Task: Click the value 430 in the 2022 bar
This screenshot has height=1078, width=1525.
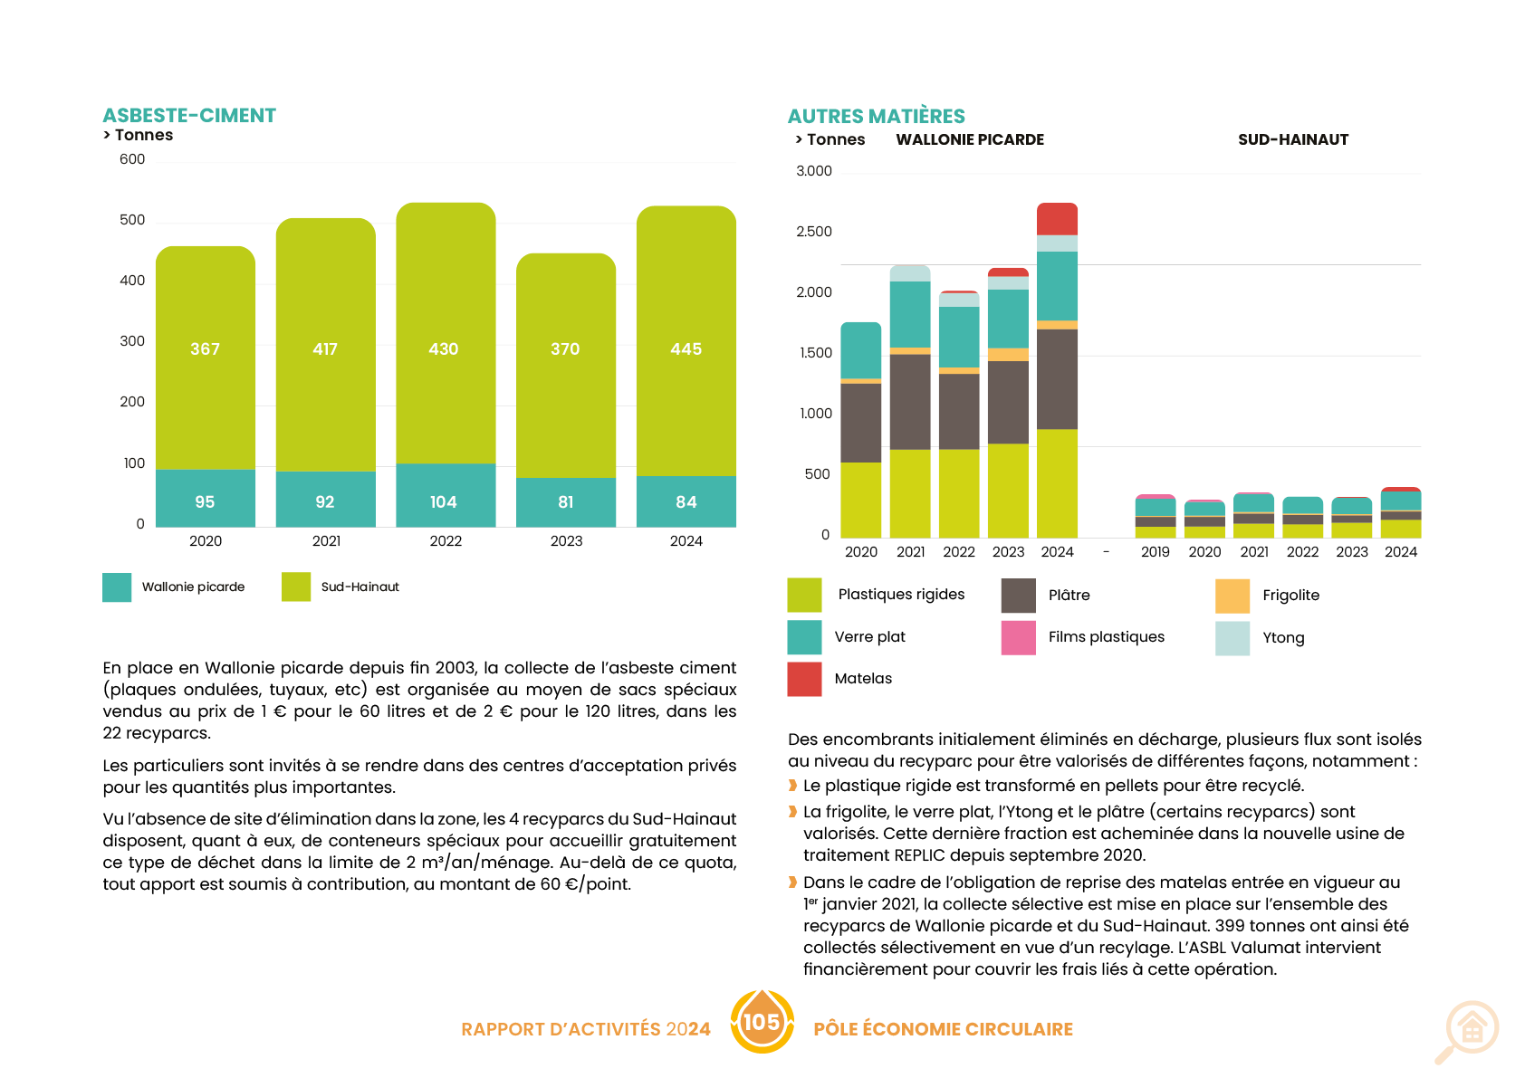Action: coord(444,349)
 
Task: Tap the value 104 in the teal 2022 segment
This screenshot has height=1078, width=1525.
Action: coord(444,502)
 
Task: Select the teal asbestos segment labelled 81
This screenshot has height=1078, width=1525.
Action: coord(566,502)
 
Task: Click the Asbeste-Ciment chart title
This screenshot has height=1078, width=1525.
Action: coord(189,116)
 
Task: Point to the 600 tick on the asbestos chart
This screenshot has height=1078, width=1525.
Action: coord(132,159)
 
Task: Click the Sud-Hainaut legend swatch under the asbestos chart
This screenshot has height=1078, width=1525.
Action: coord(296,587)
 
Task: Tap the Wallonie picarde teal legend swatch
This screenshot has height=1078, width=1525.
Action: coord(117,587)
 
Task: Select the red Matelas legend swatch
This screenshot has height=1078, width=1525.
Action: coord(804,679)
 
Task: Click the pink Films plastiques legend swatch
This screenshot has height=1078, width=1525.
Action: coord(1018,637)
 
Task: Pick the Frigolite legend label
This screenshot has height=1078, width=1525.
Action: coord(1290,596)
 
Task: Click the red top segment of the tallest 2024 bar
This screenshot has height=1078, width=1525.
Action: coord(1058,219)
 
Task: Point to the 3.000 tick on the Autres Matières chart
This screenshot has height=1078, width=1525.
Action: coord(814,171)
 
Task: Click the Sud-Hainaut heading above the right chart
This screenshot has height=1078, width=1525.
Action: coord(1293,139)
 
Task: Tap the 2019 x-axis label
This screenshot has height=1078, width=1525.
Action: coord(1155,552)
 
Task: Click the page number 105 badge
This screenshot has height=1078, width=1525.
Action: coord(762,1022)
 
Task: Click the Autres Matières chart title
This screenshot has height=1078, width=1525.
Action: coord(876,117)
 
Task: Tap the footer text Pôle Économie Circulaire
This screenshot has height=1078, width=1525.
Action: coord(943,1029)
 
